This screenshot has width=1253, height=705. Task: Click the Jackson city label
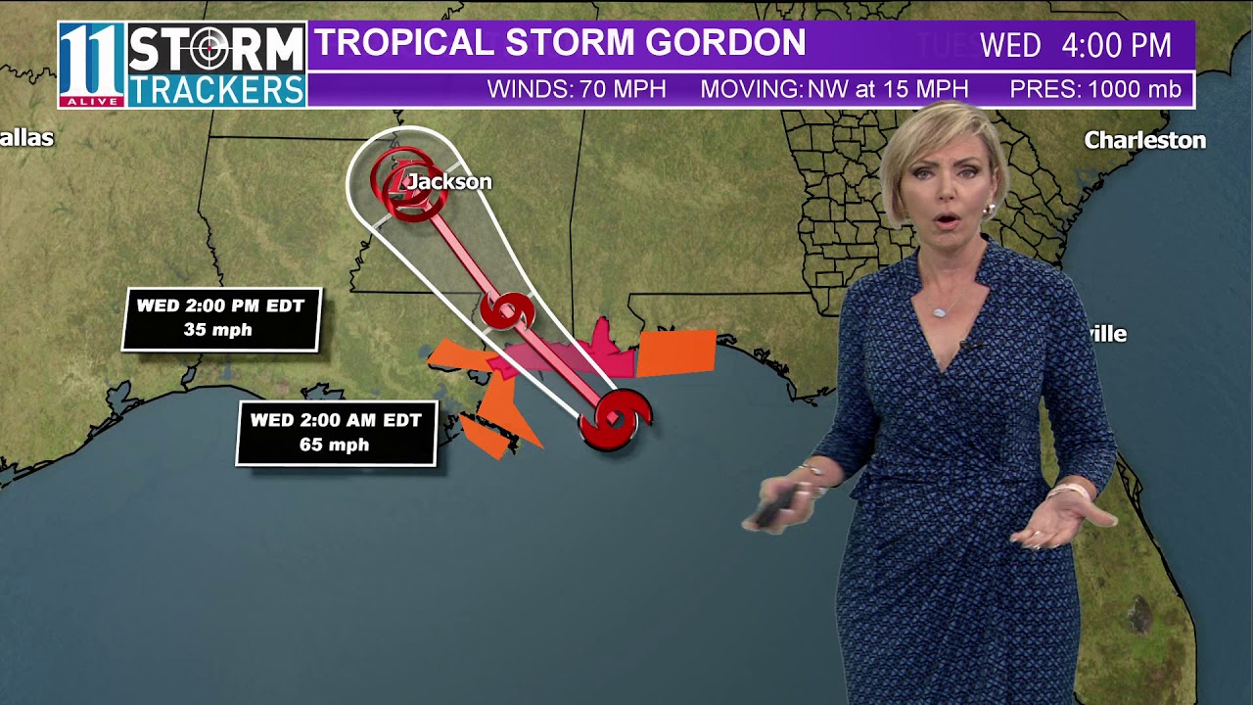pyautogui.click(x=449, y=182)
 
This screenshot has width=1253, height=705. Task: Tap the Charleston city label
pyautogui.click(x=1144, y=141)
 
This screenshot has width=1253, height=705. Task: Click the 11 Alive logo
pyautogui.click(x=91, y=65)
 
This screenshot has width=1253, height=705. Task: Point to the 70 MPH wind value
pyautogui.click(x=623, y=90)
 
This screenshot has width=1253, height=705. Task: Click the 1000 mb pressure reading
pyautogui.click(x=1134, y=90)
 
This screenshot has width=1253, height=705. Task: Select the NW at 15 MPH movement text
pyautogui.click(x=887, y=90)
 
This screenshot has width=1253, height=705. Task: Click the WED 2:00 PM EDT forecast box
pyautogui.click(x=221, y=318)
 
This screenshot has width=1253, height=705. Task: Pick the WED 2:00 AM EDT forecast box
pyautogui.click(x=336, y=433)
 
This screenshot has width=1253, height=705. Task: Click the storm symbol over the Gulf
pyautogui.click(x=615, y=420)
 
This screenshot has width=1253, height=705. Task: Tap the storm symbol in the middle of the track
pyautogui.click(x=507, y=311)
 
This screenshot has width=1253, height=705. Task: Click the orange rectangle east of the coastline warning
pyautogui.click(x=676, y=353)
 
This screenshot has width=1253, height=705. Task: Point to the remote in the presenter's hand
pyautogui.click(x=769, y=510)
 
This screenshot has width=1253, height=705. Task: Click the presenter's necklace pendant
pyautogui.click(x=940, y=311)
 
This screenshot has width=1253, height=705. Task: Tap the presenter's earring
pyautogui.click(x=989, y=211)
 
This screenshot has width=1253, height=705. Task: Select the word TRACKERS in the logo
pyautogui.click(x=216, y=89)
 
